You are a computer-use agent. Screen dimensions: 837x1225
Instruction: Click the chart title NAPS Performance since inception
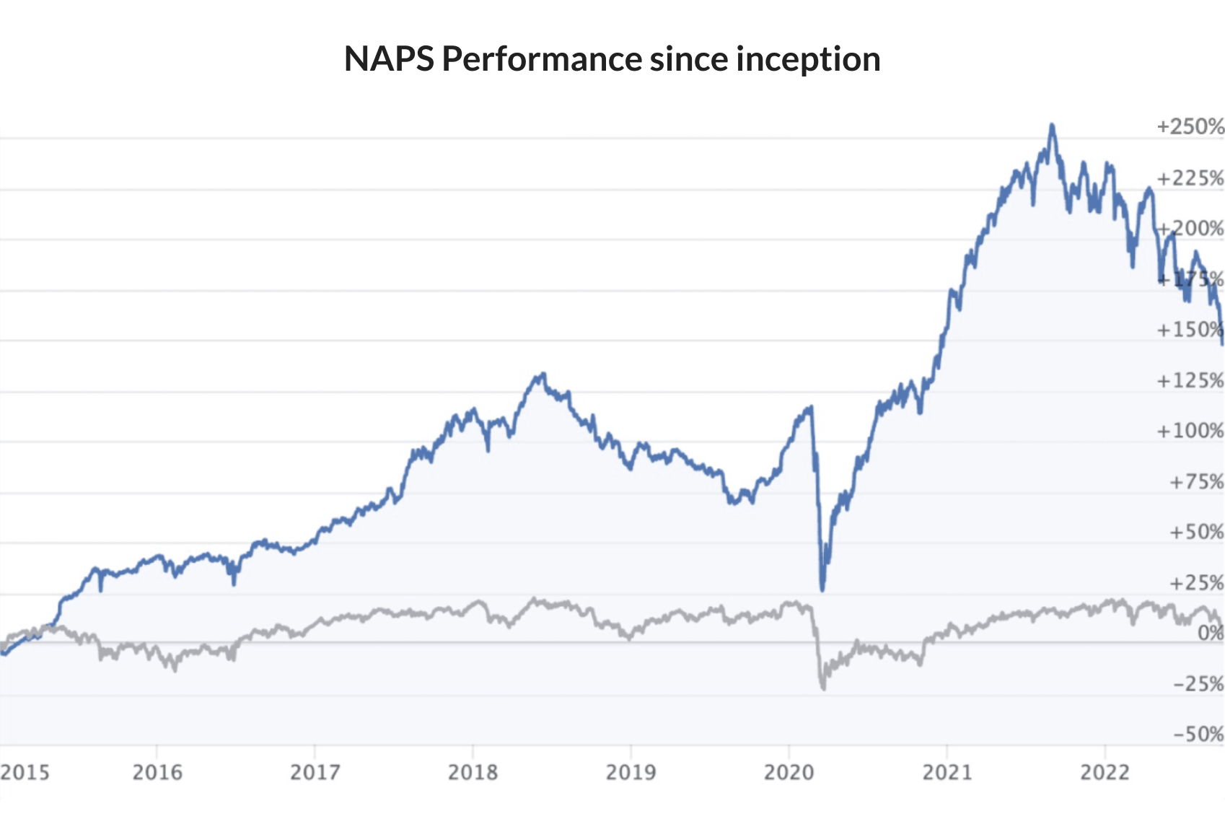coord(612,59)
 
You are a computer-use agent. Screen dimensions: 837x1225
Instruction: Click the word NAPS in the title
coord(389,59)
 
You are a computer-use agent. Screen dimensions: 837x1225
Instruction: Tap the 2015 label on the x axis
coord(25,773)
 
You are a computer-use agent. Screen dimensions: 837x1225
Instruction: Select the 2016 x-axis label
coord(157,773)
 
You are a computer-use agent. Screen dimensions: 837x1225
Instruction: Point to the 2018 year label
coord(473,773)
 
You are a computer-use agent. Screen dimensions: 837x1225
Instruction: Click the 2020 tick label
coord(789,773)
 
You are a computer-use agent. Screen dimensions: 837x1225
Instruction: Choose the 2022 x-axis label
coord(1105,773)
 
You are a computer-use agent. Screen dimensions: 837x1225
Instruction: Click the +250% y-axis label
coord(1190,127)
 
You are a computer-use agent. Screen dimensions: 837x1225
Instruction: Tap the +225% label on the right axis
coord(1190,178)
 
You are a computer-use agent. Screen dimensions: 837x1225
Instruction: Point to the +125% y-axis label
coord(1190,380)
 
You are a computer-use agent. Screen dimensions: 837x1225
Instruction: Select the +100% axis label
coord(1190,431)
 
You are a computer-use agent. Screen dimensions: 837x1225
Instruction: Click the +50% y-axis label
coord(1196,533)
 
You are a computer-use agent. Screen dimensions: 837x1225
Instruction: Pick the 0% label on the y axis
coord(1211,634)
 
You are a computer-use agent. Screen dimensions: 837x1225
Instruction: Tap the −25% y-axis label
coord(1198,684)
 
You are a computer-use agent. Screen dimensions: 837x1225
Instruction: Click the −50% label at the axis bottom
coord(1198,735)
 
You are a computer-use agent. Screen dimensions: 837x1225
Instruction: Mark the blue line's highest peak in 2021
coord(1052,126)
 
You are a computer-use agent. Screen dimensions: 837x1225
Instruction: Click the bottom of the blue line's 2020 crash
coord(822,590)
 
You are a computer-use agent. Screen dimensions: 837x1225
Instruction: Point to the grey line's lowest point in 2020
coord(823,688)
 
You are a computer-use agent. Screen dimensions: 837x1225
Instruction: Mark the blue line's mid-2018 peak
coord(542,374)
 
